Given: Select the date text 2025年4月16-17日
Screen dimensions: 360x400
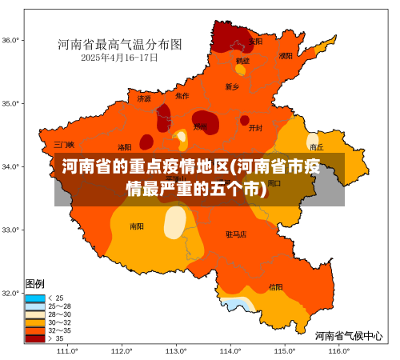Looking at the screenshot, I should pos(119,58).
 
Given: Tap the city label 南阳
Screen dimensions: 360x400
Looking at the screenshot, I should pos(137,226).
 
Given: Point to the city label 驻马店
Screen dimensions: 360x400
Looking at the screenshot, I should pos(236,234).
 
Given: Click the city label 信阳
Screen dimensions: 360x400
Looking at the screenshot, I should pos(275,286).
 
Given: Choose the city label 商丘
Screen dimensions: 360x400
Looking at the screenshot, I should pos(316,147).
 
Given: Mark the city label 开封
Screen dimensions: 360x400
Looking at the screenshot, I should pos(255,127).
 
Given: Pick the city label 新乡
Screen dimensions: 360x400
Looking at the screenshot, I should pos(232,86).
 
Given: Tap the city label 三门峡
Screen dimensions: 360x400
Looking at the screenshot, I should pos(64,145).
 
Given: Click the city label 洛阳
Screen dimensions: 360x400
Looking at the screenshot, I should pos(125,147).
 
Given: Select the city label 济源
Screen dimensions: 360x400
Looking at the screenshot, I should pos(144,99).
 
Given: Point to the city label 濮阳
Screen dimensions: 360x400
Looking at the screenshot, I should pos(286,56).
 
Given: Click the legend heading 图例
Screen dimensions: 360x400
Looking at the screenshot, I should pos(34,283).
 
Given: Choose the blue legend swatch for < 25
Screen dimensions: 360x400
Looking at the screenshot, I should pos(35,298).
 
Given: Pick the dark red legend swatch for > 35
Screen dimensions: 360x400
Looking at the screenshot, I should pos(35,338).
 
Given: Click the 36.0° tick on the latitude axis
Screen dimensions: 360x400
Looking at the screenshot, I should pos(10,40).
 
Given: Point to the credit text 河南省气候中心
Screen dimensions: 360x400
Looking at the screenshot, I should pos(348,336).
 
